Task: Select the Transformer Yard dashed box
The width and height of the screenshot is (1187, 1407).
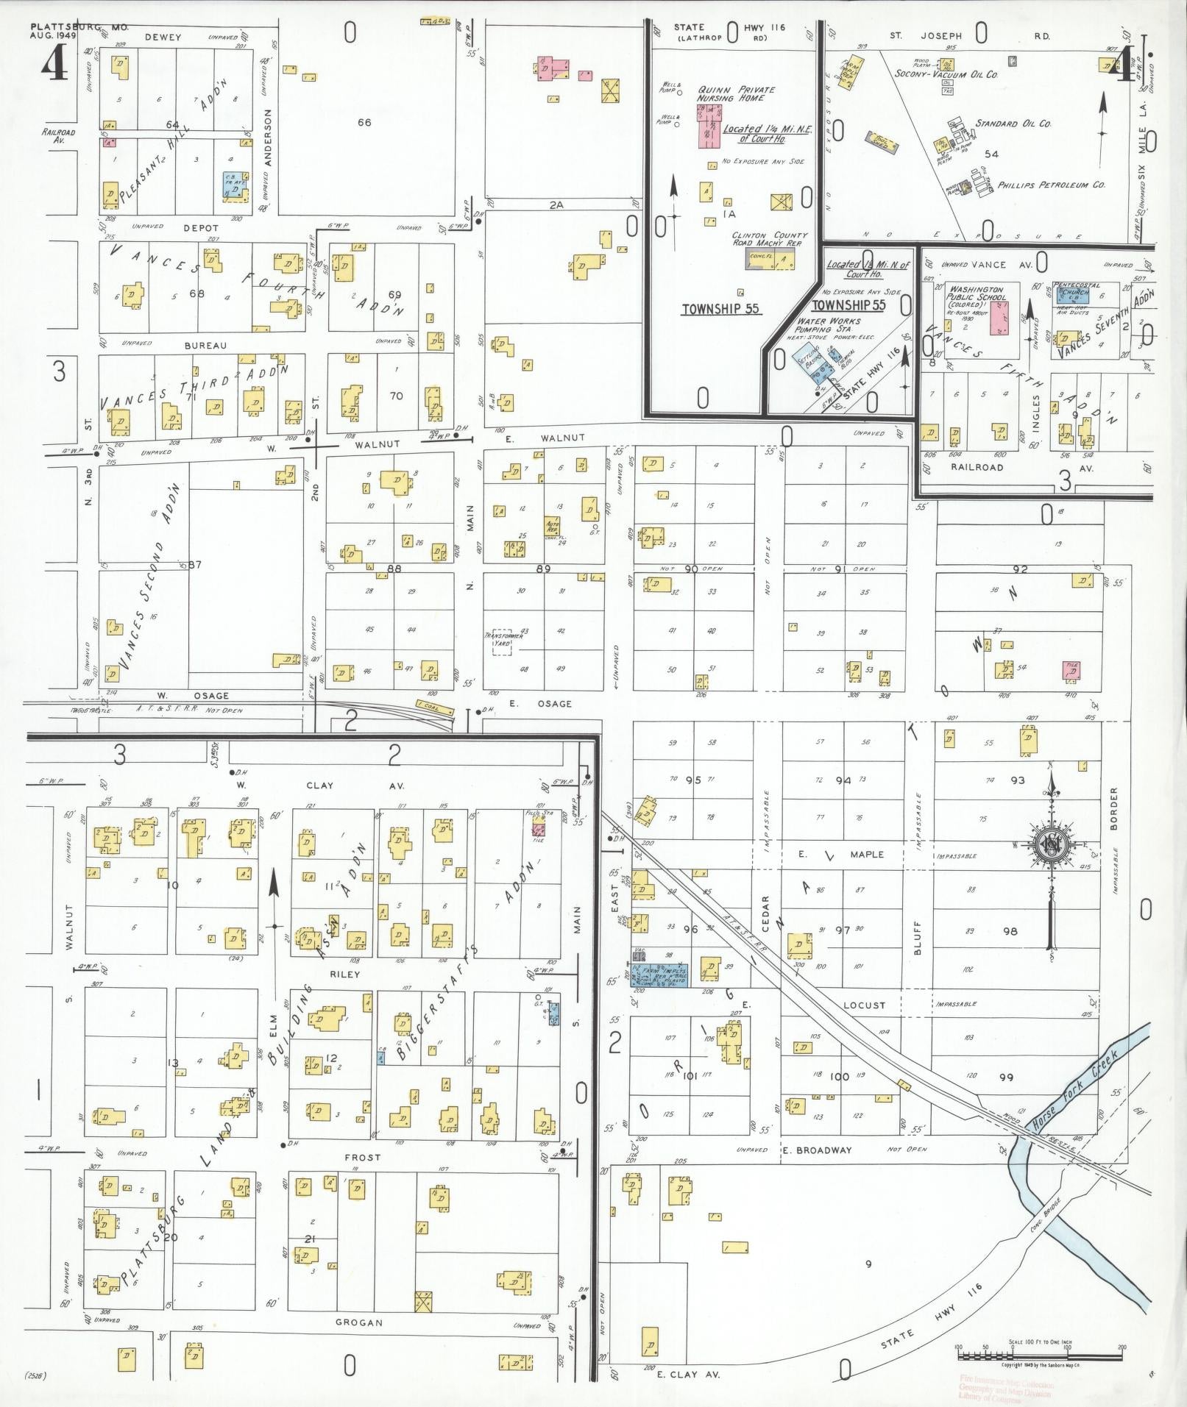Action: point(503,641)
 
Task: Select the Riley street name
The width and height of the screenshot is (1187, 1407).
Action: point(345,974)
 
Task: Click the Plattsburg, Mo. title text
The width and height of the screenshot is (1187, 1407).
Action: point(79,27)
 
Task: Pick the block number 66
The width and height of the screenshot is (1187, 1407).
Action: point(364,122)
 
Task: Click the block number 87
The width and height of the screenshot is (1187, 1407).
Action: point(194,564)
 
